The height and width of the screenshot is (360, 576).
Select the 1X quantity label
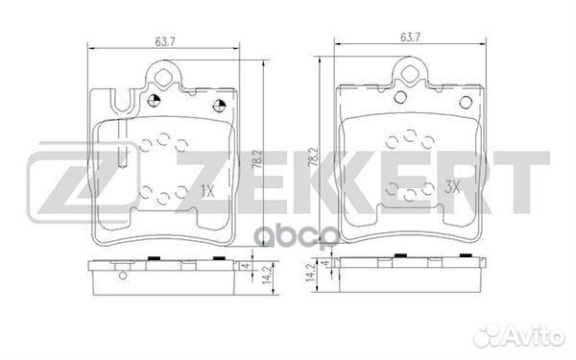(x=208, y=190)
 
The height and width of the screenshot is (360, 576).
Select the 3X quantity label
(x=455, y=191)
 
